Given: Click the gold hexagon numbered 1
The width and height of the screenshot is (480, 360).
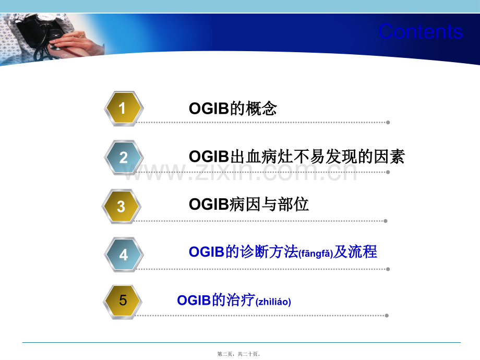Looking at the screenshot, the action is click(124, 109).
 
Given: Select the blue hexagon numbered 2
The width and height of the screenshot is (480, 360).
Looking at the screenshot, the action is click(124, 158).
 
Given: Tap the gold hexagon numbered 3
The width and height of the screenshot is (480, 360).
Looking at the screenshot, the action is click(122, 206).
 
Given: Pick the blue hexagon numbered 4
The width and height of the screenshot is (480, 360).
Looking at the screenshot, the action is click(124, 255).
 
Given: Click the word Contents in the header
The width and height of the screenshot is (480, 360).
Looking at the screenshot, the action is click(421, 31).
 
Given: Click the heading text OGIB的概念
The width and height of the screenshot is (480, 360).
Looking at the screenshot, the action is click(233, 109).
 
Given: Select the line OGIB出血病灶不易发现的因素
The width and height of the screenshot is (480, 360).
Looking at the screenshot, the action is click(297, 157).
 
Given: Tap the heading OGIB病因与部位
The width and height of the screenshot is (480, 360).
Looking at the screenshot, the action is click(249, 204).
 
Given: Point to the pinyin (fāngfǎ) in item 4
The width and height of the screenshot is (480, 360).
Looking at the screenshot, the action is click(316, 254).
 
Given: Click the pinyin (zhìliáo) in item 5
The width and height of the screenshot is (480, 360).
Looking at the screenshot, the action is click(273, 302).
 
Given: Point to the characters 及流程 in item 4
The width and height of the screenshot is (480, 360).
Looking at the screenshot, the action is click(355, 252).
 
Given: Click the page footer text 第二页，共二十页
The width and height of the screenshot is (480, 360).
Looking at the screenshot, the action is click(239, 354).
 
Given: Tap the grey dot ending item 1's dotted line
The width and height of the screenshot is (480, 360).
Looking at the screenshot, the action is click(388, 123).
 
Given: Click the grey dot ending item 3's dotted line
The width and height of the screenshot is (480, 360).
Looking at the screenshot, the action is click(386, 221).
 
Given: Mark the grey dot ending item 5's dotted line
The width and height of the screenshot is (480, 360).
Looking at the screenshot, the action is click(387, 316).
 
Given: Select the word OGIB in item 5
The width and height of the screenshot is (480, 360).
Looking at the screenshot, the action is click(194, 301).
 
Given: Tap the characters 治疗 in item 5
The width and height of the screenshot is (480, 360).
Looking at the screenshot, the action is click(241, 300).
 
